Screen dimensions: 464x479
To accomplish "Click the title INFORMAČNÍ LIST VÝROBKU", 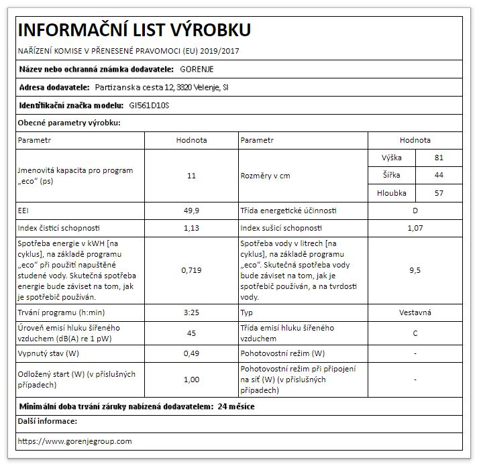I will pyautogui.click(x=134, y=30).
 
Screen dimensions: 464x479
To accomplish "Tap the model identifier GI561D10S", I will pyautogui.click(x=149, y=105).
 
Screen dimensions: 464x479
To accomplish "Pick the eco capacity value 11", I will pyautogui.click(x=191, y=176).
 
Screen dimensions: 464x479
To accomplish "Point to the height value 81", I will pyautogui.click(x=439, y=158).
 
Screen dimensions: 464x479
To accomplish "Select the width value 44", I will pyautogui.click(x=439, y=176).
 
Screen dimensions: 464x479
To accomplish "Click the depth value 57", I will pyautogui.click(x=439, y=193).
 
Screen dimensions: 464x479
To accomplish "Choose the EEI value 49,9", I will pyautogui.click(x=191, y=211).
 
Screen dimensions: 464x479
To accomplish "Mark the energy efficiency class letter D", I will pyautogui.click(x=415, y=211).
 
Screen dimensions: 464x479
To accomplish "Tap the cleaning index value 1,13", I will pyautogui.click(x=191, y=228).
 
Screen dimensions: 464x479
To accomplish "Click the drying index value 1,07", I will pyautogui.click(x=415, y=228).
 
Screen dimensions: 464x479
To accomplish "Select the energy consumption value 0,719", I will pyautogui.click(x=191, y=271).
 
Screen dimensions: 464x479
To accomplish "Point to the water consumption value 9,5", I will pyautogui.click(x=415, y=271).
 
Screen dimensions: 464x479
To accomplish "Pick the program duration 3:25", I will pyautogui.click(x=191, y=313).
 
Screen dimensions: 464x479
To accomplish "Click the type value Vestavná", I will pyautogui.click(x=415, y=313).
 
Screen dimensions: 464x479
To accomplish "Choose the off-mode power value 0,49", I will pyautogui.click(x=191, y=353).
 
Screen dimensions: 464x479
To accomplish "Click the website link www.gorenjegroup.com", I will pyautogui.click(x=74, y=441).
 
